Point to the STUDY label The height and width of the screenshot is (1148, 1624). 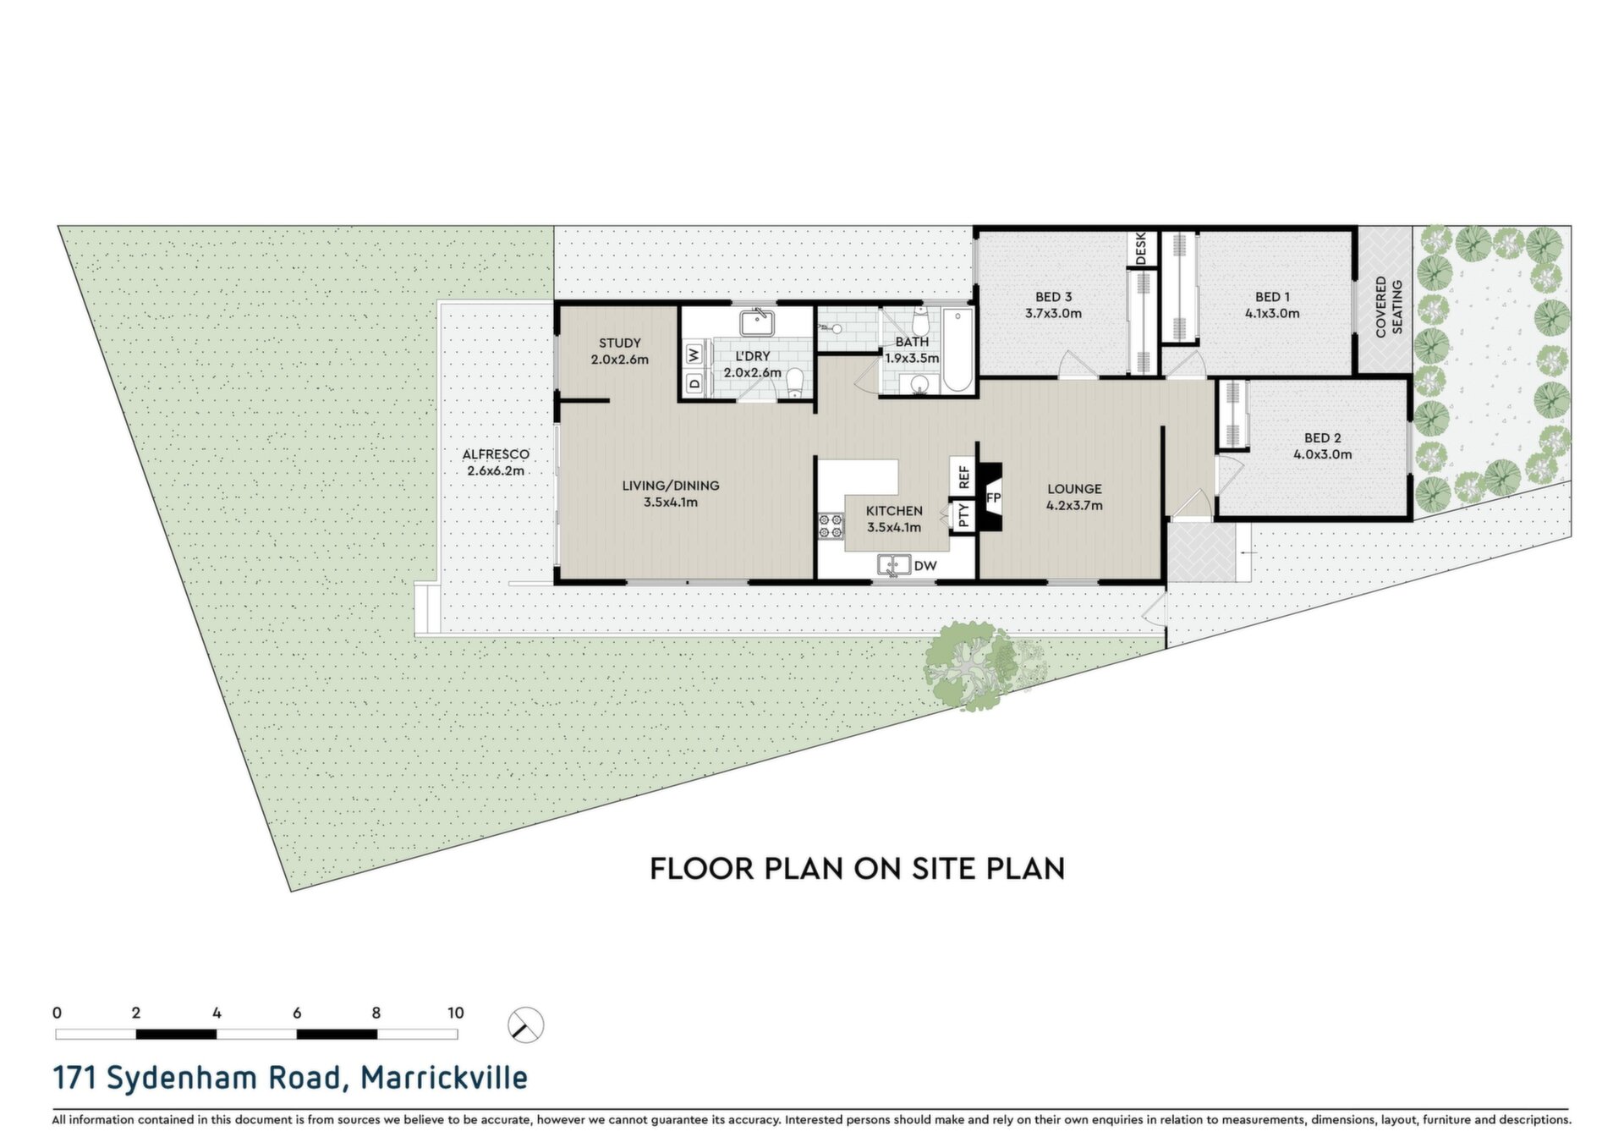pos(620,343)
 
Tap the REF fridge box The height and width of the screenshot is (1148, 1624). pos(963,476)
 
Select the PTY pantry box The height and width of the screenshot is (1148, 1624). pos(963,515)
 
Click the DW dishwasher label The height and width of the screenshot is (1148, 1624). pos(925,565)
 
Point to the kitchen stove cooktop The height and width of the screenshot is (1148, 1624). pos(831,525)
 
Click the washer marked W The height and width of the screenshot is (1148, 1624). pos(694,354)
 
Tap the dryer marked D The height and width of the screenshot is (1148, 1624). pos(694,383)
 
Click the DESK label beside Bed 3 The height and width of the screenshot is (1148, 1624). pos(1140,249)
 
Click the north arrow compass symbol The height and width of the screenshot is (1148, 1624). pos(525,1025)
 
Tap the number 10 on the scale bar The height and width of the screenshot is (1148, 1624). pos(456,1013)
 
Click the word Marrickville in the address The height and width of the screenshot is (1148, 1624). pos(444,1078)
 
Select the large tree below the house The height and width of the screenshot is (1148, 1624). pos(970,665)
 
